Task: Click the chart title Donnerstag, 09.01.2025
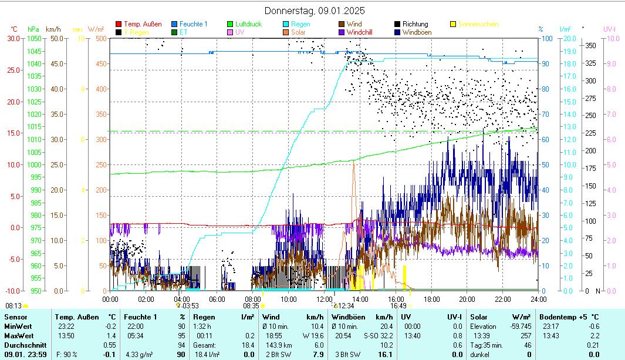click(315, 11)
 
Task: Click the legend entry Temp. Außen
click(143, 24)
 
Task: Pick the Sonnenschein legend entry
click(478, 24)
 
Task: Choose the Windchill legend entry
click(363, 32)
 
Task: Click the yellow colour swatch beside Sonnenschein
click(453, 24)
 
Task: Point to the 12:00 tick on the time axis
click(324, 299)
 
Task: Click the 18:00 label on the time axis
click(431, 299)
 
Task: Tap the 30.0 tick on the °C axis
click(13, 38)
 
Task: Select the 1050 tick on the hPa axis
click(34, 38)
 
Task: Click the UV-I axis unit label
click(609, 29)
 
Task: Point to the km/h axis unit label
click(53, 29)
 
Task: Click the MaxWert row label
click(18, 335)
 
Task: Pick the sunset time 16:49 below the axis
click(398, 305)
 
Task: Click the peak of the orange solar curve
click(353, 163)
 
